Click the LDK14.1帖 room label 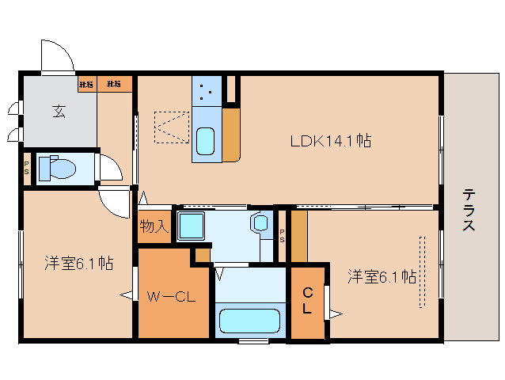[331, 141]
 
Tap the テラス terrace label [469, 210]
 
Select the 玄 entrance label [59, 111]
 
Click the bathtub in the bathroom [249, 321]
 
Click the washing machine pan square [191, 226]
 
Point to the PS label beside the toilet [26, 169]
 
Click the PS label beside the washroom [283, 233]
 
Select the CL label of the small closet [307, 302]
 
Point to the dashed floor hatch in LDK [171, 127]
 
